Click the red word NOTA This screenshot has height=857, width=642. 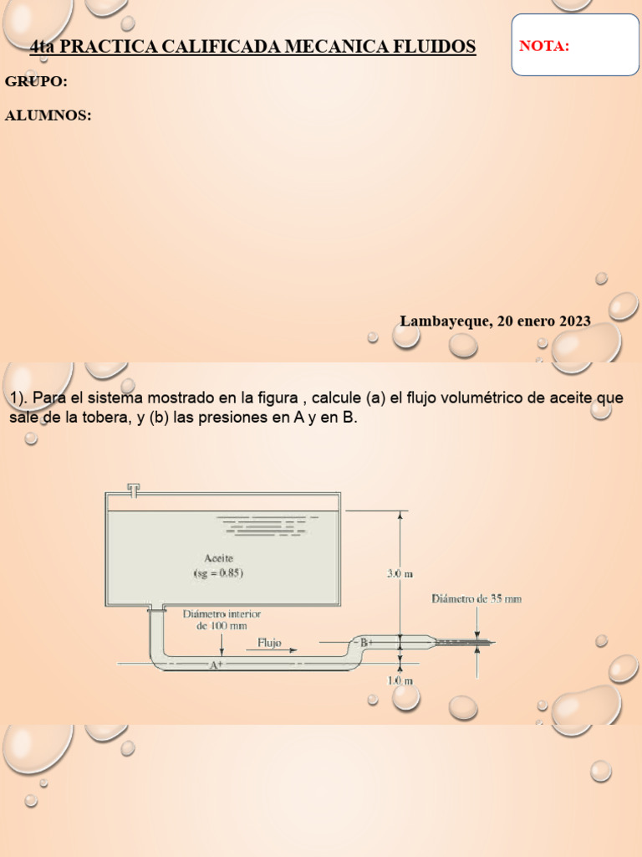(544, 46)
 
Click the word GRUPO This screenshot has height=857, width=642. (36, 81)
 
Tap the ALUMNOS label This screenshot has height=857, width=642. (48, 115)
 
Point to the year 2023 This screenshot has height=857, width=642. (574, 321)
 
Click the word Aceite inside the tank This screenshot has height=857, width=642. (218, 557)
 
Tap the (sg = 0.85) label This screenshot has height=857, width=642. (218, 573)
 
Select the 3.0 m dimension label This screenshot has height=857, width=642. (400, 573)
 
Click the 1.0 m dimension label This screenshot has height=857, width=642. (400, 680)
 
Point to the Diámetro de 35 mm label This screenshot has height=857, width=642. (476, 598)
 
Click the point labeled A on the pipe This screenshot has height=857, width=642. (215, 665)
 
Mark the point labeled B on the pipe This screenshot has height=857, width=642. (364, 642)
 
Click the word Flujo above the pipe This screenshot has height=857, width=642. (269, 644)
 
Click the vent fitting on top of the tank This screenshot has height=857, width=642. (133, 488)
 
